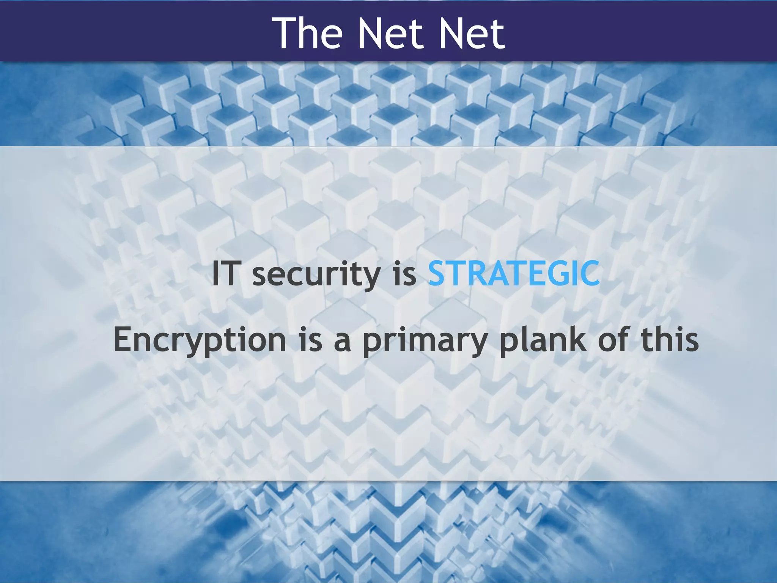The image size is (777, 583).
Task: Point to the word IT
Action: [x=225, y=273]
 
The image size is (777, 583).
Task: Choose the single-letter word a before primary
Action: [x=343, y=342]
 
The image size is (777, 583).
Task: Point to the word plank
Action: [x=543, y=340]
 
